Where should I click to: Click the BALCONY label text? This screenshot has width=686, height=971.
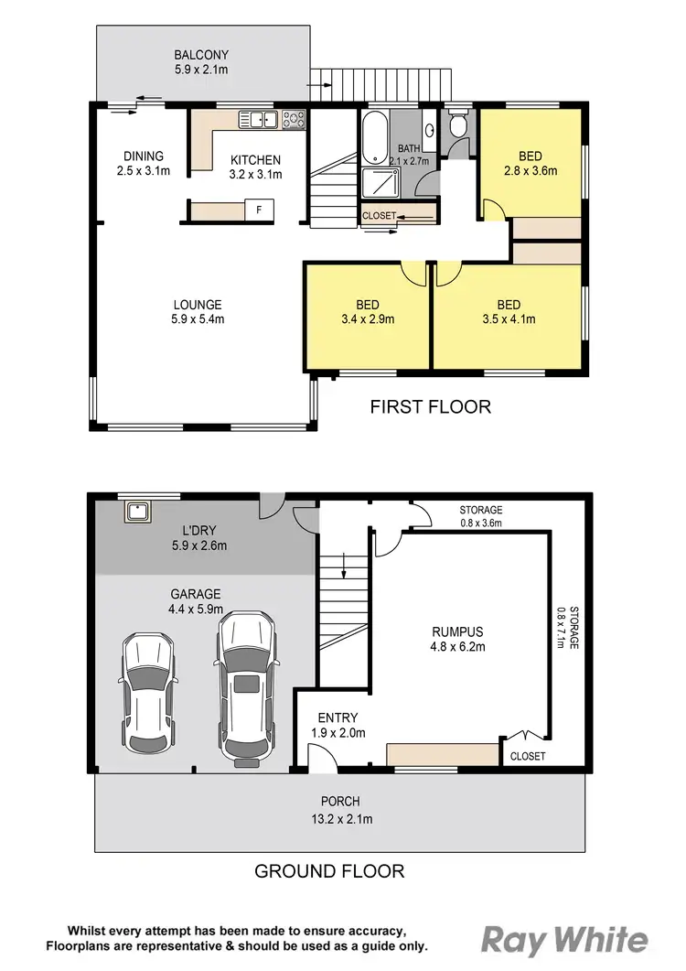[203, 54]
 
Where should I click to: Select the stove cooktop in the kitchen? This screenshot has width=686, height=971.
[294, 119]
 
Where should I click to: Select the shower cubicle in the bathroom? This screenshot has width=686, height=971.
[381, 184]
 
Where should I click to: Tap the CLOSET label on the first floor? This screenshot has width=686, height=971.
[380, 216]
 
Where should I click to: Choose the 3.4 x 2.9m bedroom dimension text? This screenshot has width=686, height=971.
[367, 320]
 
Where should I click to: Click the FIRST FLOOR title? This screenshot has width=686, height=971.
[430, 406]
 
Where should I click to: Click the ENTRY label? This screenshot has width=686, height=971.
[338, 717]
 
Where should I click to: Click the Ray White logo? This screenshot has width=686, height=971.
[564, 941]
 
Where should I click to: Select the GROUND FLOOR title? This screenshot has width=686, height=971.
[329, 870]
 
